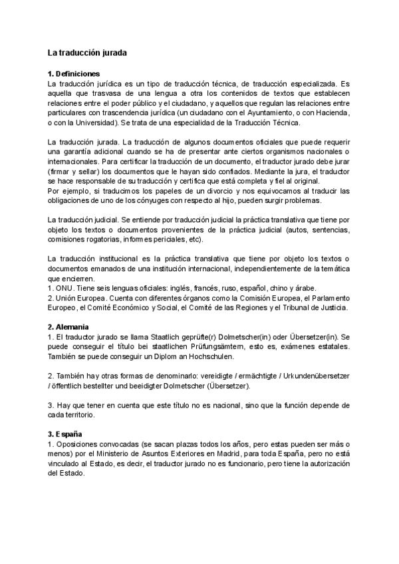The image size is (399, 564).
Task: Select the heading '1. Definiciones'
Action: click(74, 73)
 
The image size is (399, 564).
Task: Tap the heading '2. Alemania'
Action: click(69, 327)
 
